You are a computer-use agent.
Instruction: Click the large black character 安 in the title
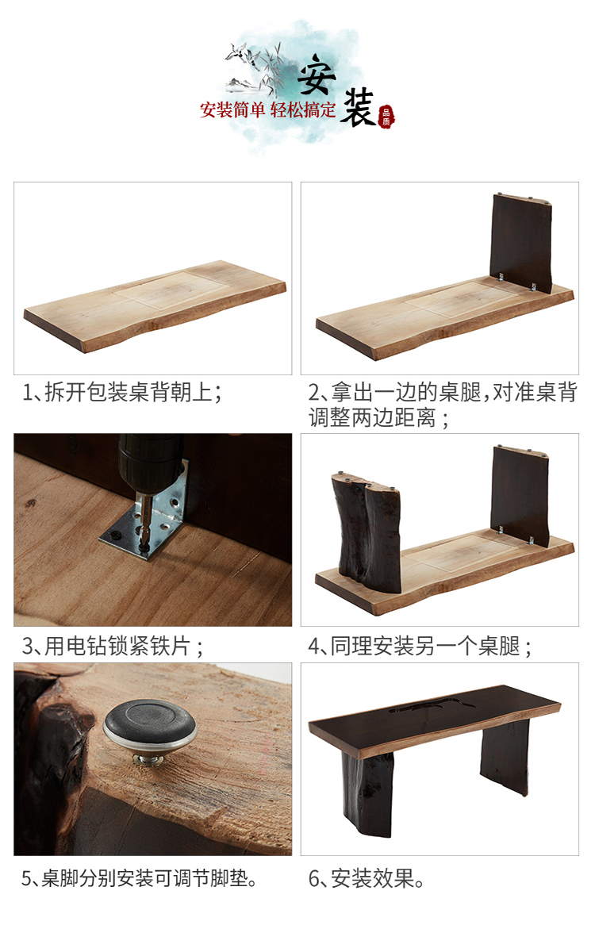[317, 75]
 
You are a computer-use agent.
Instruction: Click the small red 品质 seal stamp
[386, 117]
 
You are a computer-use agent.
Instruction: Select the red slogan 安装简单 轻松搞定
[268, 110]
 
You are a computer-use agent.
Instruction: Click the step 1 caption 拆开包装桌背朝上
[122, 392]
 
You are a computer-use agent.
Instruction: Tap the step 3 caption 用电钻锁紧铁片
[113, 647]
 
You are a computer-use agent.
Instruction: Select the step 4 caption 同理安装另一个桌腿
[420, 647]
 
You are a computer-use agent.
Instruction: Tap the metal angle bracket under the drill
[147, 516]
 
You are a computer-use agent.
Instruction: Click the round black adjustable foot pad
[150, 726]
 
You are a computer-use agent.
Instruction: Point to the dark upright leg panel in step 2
[520, 243]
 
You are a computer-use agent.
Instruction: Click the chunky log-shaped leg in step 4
[367, 532]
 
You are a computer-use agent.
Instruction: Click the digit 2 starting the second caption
[313, 392]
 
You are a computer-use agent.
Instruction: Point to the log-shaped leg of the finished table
[367, 789]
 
